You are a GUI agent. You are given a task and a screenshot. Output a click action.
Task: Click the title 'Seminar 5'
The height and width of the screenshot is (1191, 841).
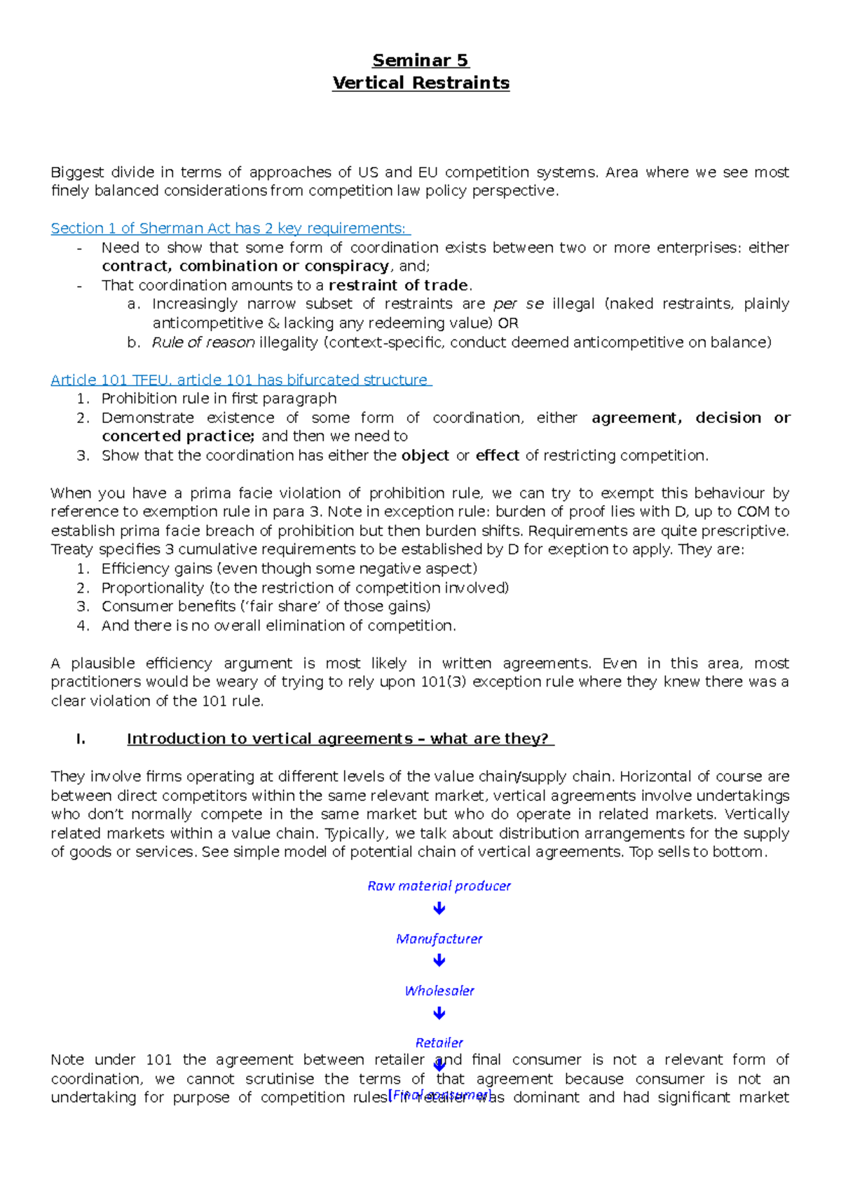pyautogui.click(x=420, y=60)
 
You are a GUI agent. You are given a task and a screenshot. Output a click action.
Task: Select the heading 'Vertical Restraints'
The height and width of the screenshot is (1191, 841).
pyautogui.click(x=420, y=83)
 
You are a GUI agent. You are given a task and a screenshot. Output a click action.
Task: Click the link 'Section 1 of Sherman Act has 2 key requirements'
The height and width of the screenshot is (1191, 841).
pyautogui.click(x=228, y=229)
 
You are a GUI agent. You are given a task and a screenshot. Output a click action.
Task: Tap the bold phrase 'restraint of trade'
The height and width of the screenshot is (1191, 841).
pyautogui.click(x=398, y=285)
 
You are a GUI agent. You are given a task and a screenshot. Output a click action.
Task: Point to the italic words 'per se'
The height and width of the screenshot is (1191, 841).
pyautogui.click(x=519, y=304)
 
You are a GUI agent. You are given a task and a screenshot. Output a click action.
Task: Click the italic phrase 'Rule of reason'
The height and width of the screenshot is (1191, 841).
pyautogui.click(x=203, y=342)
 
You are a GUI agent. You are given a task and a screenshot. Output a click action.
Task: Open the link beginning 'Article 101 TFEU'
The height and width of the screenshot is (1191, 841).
pyautogui.click(x=240, y=380)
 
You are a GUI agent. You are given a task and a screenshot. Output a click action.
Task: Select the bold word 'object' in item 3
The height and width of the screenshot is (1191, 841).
pyautogui.click(x=425, y=456)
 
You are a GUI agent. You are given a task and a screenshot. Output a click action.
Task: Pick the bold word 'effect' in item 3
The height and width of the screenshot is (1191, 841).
pyautogui.click(x=497, y=456)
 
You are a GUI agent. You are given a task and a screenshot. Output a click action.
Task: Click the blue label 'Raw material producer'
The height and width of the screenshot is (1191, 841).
pyautogui.click(x=439, y=886)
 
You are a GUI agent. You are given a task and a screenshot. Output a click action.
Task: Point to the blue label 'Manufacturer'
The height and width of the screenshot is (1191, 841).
pyautogui.click(x=439, y=938)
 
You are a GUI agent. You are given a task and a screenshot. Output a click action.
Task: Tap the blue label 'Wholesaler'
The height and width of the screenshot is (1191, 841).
pyautogui.click(x=439, y=991)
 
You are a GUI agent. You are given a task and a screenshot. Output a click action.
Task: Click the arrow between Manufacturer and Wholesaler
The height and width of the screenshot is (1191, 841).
pyautogui.click(x=439, y=961)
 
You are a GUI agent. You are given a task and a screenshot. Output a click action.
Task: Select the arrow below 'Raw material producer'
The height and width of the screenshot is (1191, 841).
pyautogui.click(x=439, y=909)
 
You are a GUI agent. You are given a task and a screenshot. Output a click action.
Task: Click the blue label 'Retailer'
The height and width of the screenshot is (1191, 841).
pyautogui.click(x=439, y=1043)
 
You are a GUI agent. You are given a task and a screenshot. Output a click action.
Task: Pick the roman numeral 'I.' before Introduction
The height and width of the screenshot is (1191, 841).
pyautogui.click(x=81, y=739)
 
